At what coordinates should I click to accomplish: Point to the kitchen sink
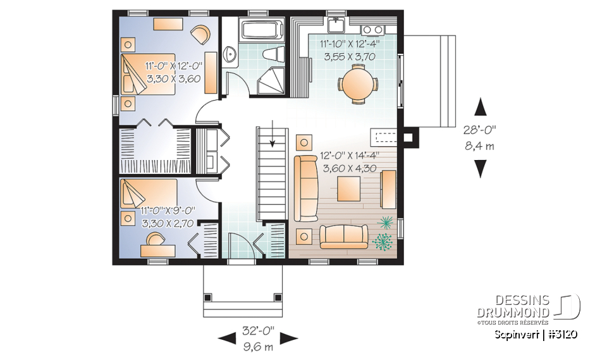(x=336, y=26)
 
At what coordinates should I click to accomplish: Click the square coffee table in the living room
(x=349, y=189)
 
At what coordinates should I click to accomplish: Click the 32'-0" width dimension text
(x=258, y=329)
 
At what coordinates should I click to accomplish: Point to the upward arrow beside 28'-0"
(x=481, y=106)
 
